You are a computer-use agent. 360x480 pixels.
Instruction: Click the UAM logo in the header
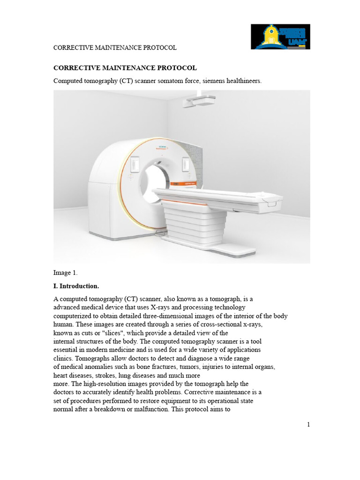tap(280, 37)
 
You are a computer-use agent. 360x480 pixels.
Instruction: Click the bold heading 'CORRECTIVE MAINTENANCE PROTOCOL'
tap(125, 68)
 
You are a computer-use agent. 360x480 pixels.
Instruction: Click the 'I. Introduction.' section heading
tap(76, 286)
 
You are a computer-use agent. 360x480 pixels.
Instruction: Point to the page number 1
tap(308, 425)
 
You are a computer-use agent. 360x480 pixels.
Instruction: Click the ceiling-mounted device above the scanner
tap(199, 100)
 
